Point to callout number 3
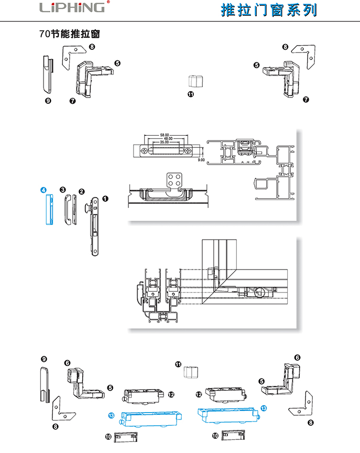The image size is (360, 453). click(x=62, y=189)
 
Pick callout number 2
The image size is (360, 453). click(x=81, y=191)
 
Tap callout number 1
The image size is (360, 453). click(x=105, y=199)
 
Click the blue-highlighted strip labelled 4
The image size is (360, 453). click(x=50, y=209)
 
